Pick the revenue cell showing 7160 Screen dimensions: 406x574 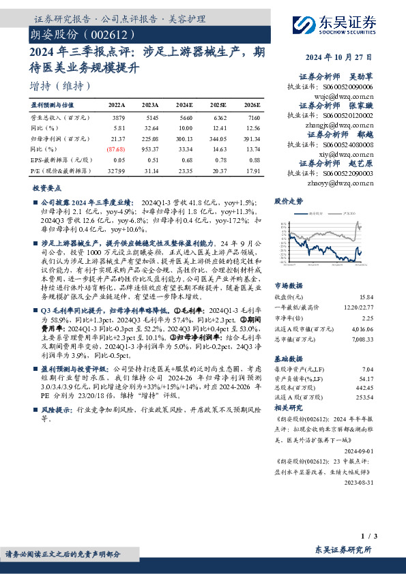point(252,119)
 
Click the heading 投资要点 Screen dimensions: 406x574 point(47,187)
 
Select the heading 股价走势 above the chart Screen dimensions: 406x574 point(288,202)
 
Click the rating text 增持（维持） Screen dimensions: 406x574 point(60,86)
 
